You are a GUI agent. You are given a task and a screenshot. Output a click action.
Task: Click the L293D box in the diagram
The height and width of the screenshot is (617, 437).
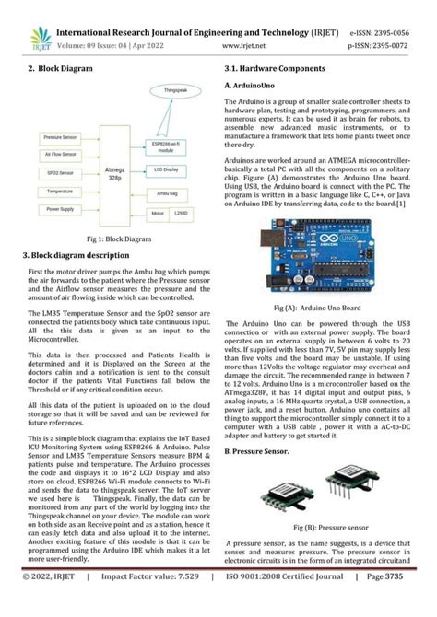pyautogui.click(x=185, y=213)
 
